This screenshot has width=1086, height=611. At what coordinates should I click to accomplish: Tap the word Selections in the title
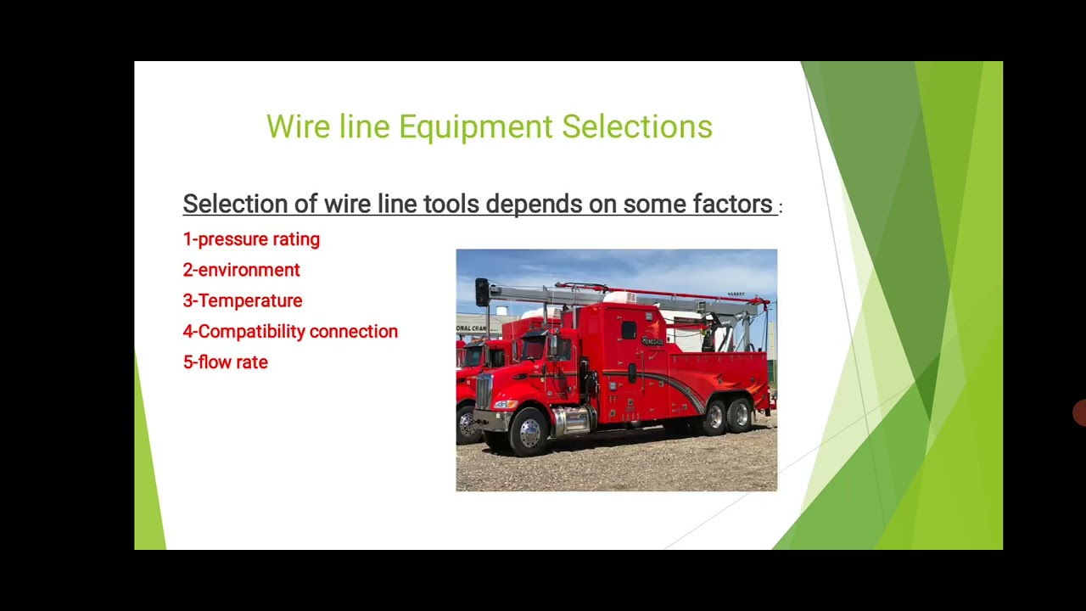tap(636, 127)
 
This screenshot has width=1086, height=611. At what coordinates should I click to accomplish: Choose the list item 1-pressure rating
tap(251, 239)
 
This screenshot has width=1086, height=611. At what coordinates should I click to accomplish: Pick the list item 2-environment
tap(242, 270)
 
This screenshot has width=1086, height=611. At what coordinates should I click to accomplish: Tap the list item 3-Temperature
tap(243, 300)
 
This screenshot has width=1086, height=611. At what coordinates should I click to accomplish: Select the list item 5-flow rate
tap(226, 362)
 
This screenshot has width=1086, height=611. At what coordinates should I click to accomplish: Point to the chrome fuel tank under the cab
tap(572, 419)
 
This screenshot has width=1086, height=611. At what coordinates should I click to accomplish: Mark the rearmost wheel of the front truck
tap(741, 416)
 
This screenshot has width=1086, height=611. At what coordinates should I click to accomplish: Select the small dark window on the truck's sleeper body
tap(628, 329)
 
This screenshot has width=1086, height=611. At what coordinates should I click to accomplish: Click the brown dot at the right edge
tap(1080, 413)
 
